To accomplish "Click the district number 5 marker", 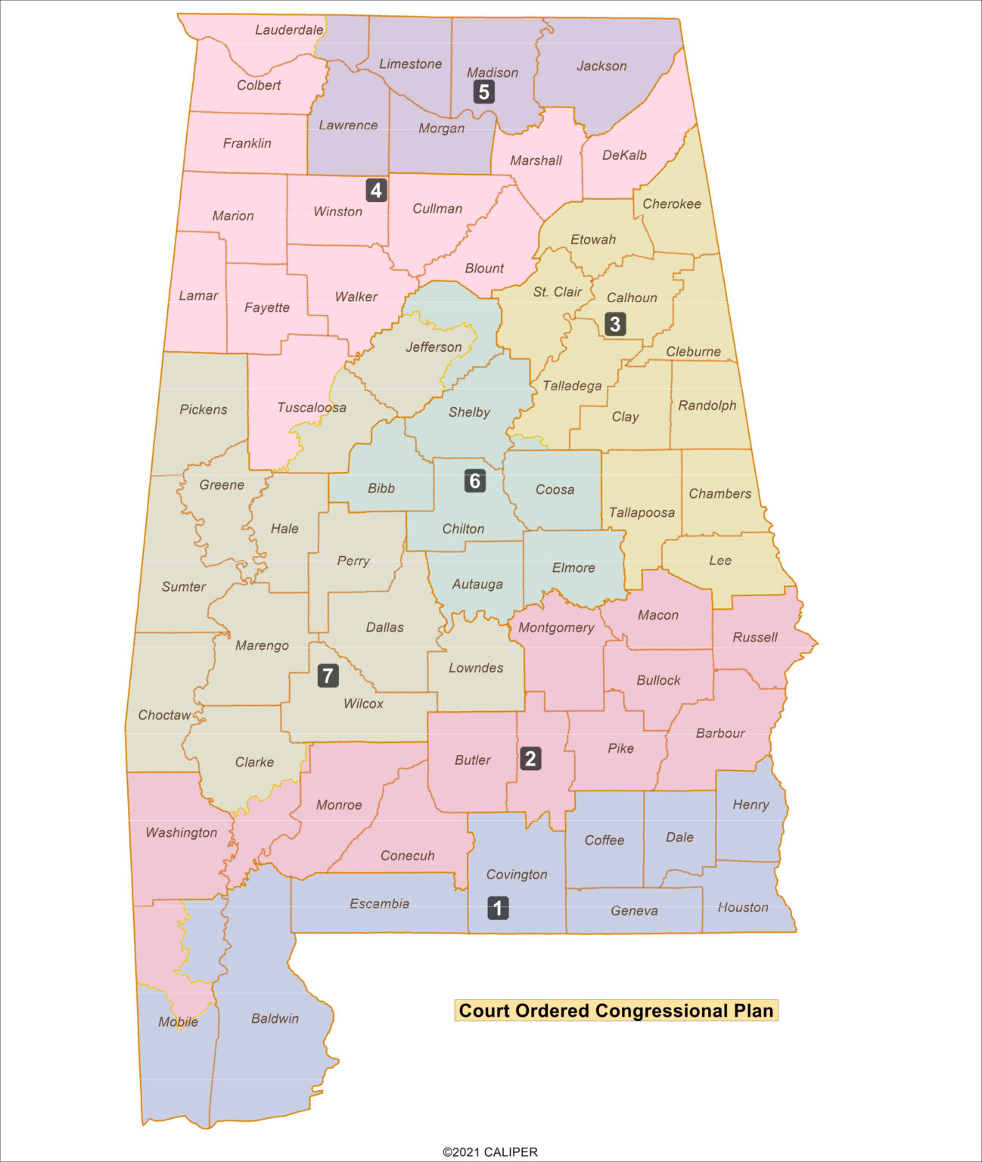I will [483, 92].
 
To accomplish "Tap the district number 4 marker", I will [376, 190].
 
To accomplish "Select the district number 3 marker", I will [614, 325].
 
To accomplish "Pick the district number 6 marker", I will [474, 480].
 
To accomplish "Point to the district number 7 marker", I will [328, 676].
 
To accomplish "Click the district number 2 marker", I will [530, 759].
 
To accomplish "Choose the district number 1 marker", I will [498, 908].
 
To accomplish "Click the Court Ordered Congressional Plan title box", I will [616, 1011].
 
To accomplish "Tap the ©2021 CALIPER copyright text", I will [490, 1152].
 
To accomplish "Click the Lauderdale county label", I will [289, 30].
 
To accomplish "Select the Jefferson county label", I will [434, 347].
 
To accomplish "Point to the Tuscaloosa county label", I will [312, 408].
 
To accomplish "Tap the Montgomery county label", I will [556, 628].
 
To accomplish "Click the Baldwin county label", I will [275, 1019].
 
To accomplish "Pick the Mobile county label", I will [178, 1022].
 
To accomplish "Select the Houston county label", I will [743, 908].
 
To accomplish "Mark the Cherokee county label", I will [672, 204].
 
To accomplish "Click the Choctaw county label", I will [164, 716].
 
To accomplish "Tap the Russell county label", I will [754, 638].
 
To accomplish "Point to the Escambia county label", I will [379, 904].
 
